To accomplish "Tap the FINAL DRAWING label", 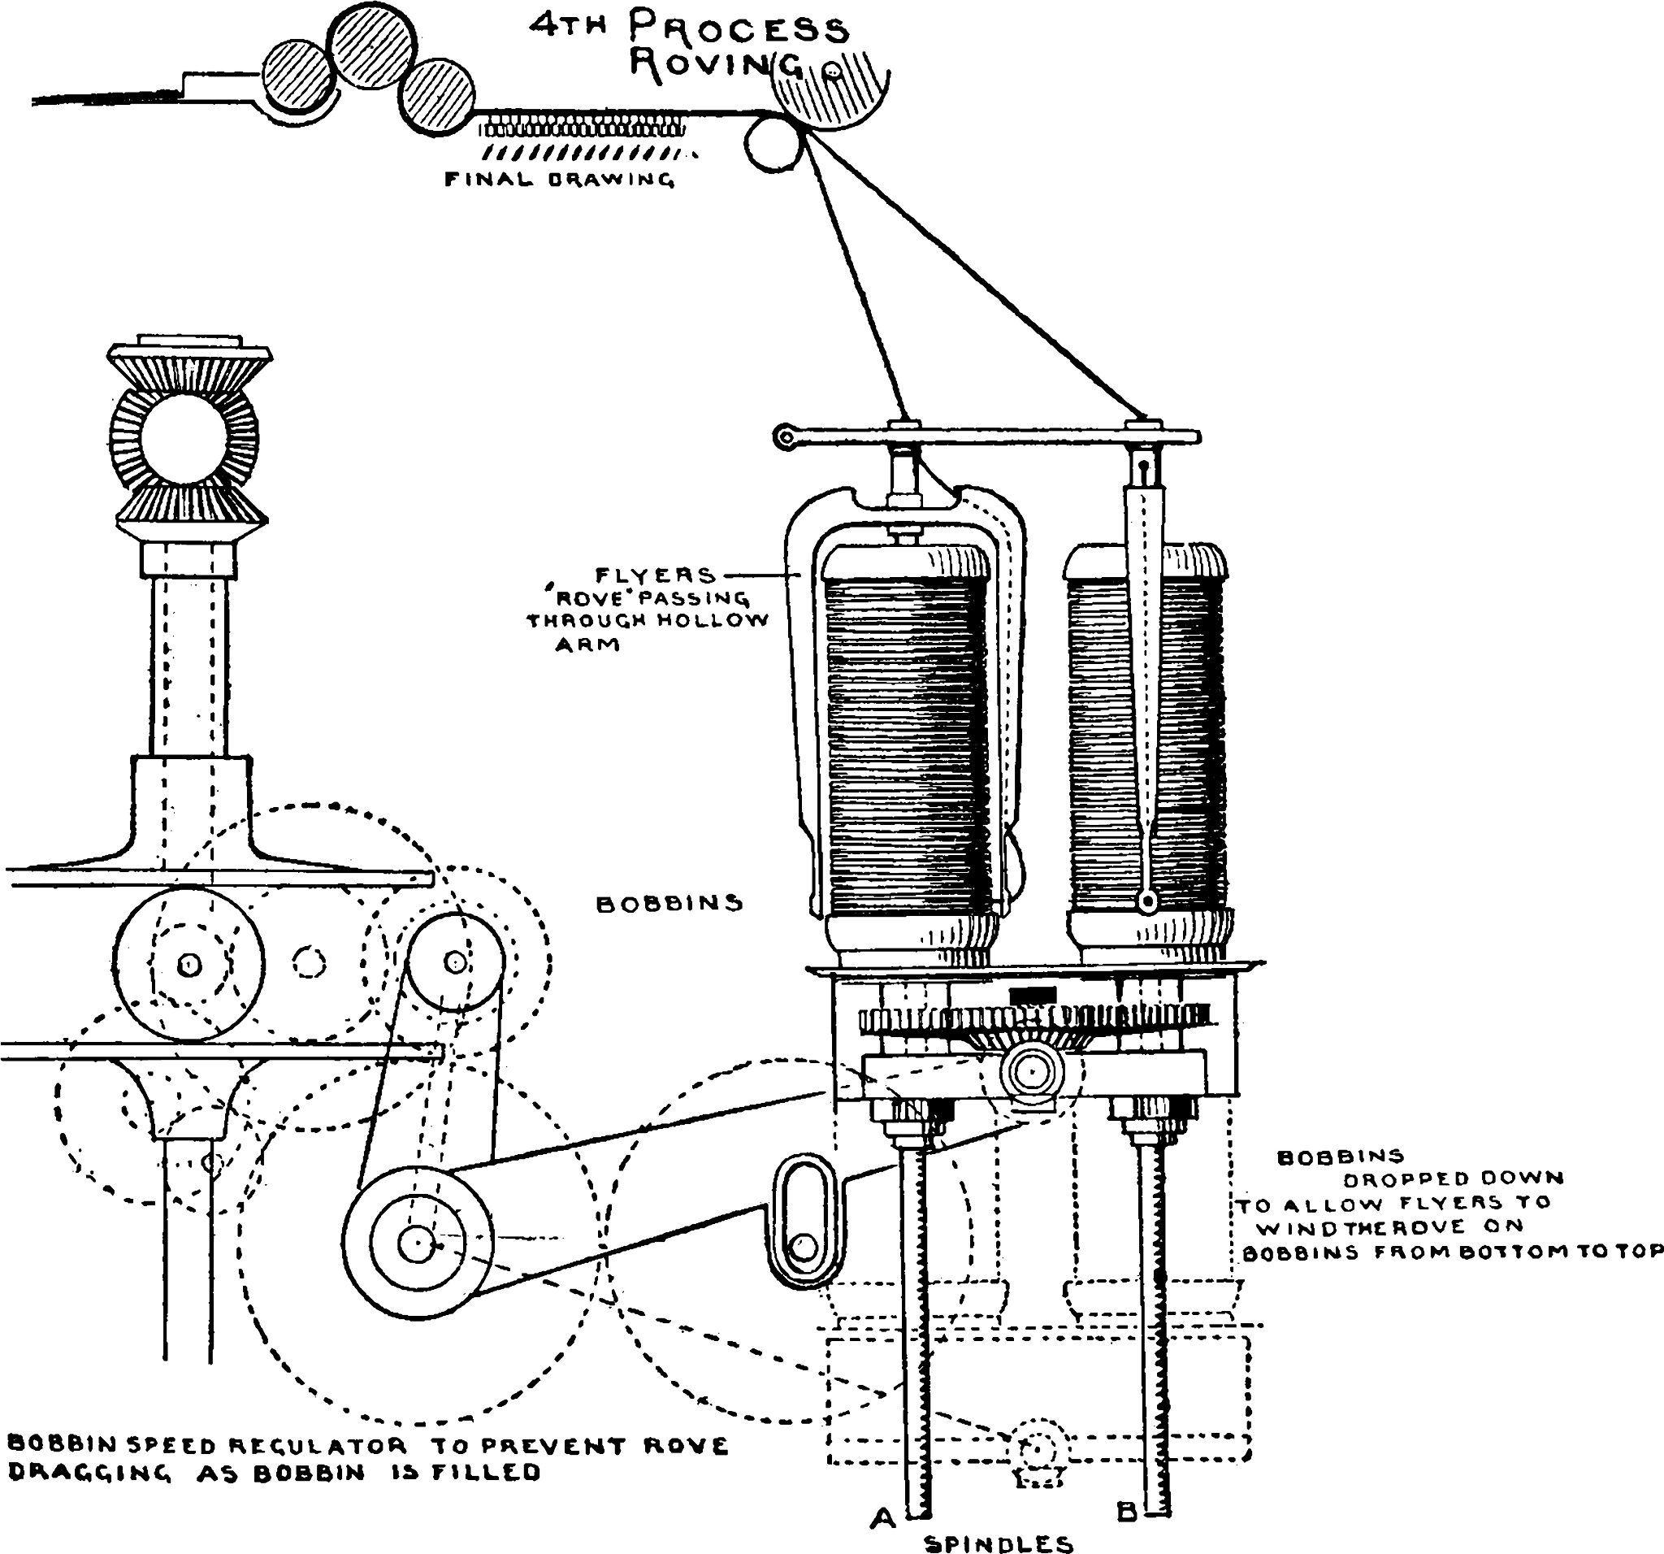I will pos(559,179).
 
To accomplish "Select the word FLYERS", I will pos(656,575).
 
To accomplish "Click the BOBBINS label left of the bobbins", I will pos(669,904).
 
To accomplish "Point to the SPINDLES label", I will pos(999,1544).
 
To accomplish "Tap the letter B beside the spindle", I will pos(1126,1512).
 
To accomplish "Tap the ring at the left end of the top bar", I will pos(785,436).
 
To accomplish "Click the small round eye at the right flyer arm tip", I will pos(1147,901).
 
